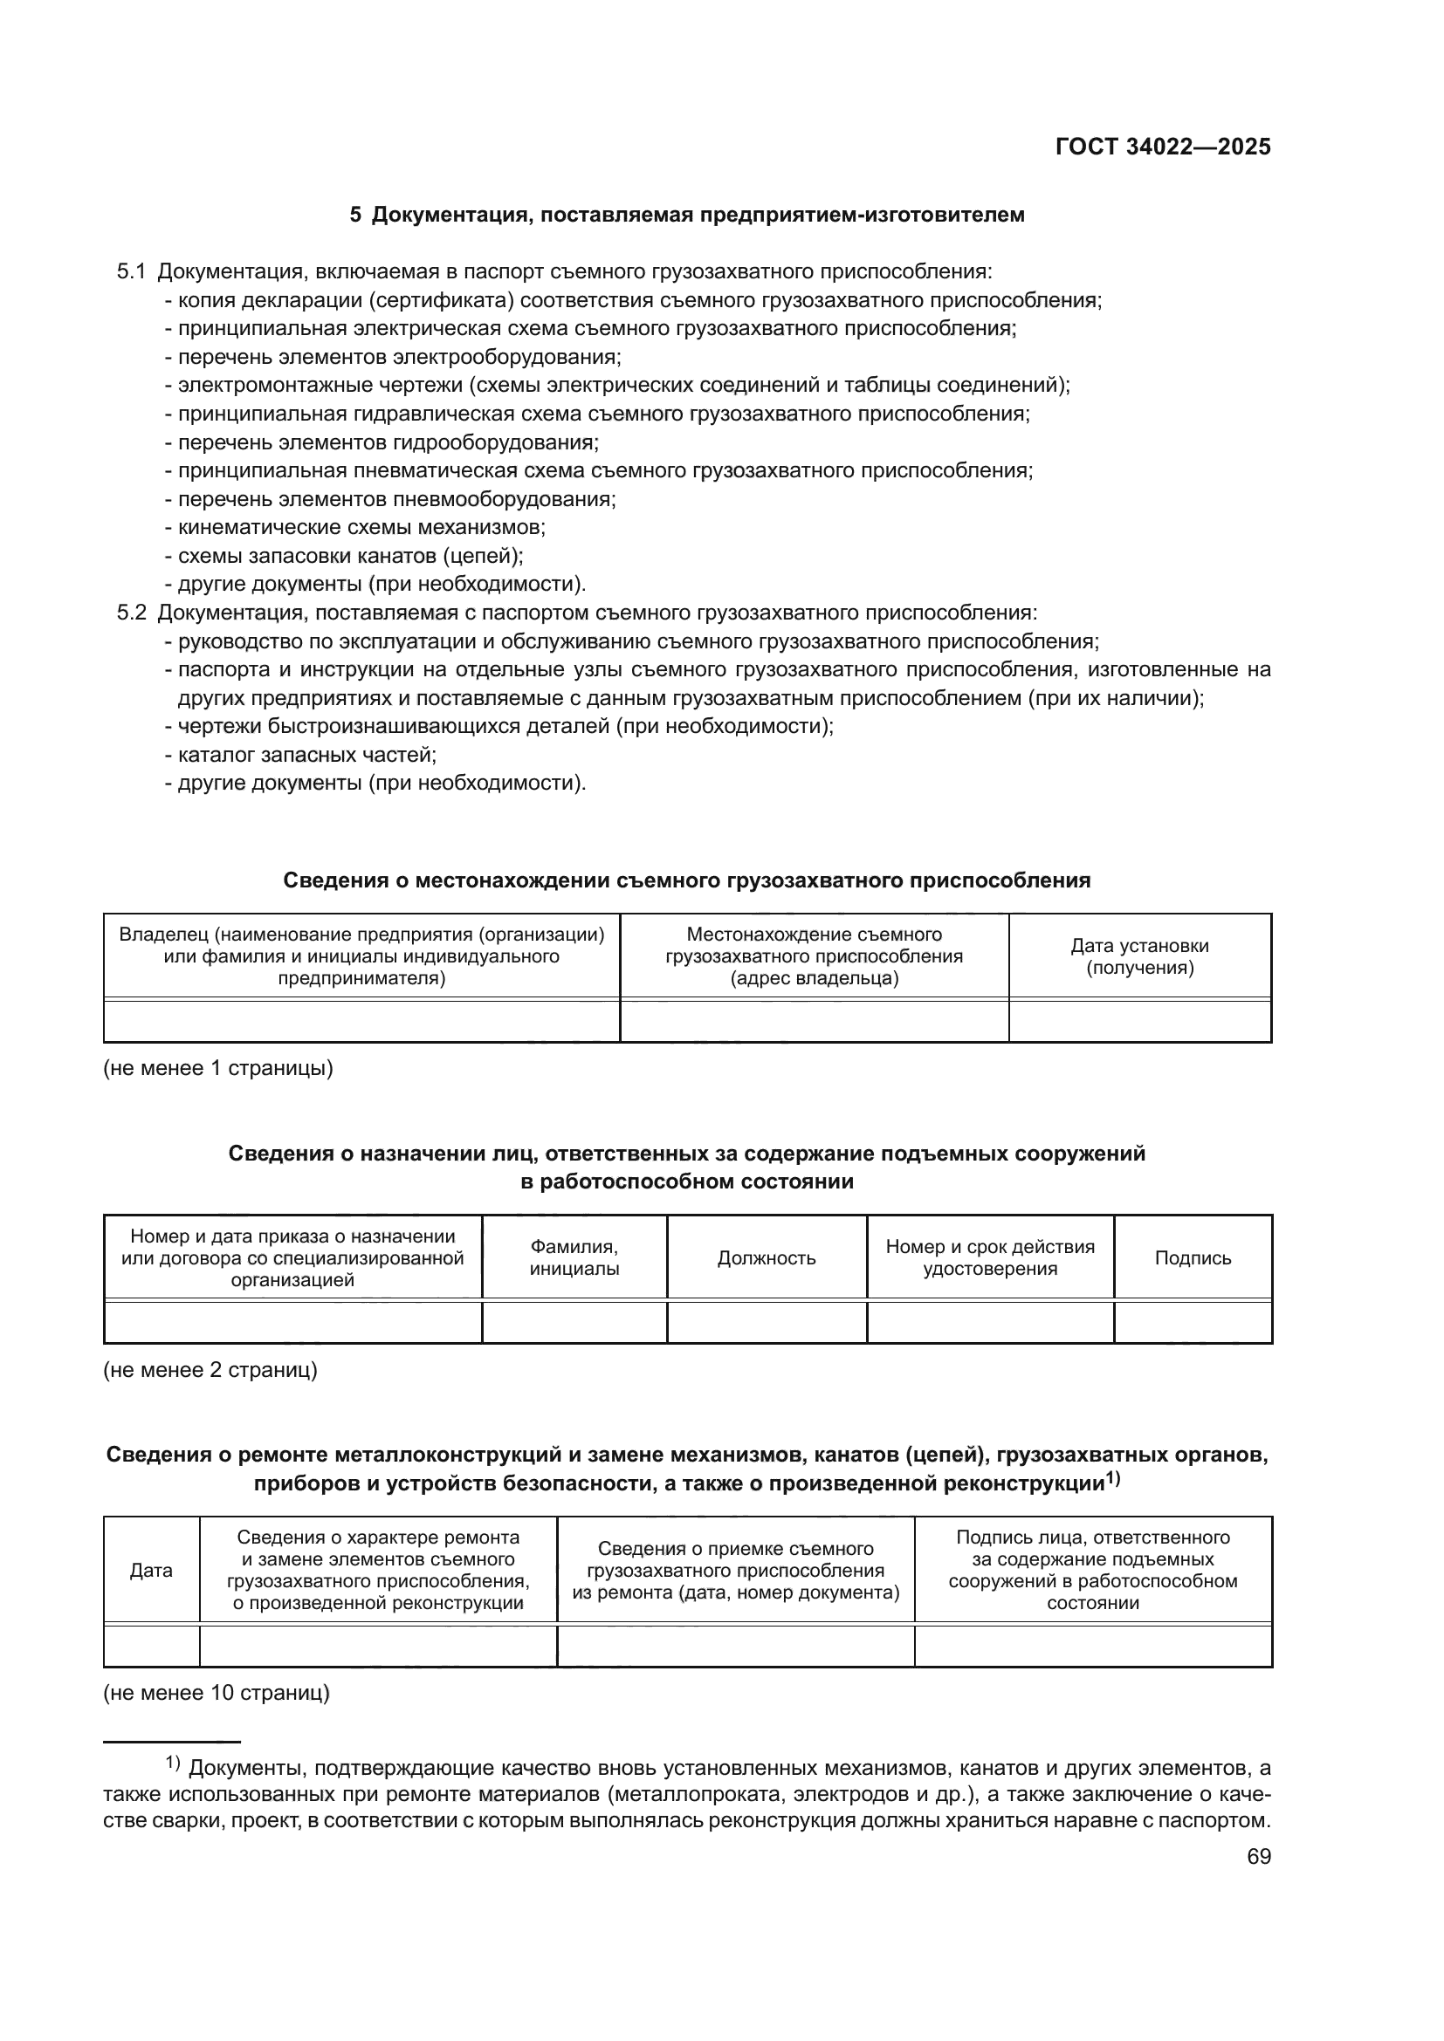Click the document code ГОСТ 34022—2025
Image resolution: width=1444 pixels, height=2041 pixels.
pos(1163,147)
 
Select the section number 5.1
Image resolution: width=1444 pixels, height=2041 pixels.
pos(131,272)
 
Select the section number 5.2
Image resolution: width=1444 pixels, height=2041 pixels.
pos(131,613)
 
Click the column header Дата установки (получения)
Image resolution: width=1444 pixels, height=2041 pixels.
pos(1139,956)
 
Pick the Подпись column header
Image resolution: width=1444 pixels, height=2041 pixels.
pos(1193,1258)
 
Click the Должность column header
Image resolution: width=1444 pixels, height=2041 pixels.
pos(767,1258)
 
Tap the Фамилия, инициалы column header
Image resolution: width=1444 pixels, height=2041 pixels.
pos(574,1258)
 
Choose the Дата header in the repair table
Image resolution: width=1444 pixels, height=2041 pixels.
pos(151,1570)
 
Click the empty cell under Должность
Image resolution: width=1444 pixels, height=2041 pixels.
pos(767,1322)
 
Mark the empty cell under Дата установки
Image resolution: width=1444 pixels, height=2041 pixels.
pos(1139,1021)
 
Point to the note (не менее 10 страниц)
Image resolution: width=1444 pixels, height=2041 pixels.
pos(216,1694)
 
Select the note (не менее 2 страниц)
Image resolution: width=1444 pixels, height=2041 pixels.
pos(210,1370)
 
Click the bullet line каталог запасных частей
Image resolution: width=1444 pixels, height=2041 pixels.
pos(306,756)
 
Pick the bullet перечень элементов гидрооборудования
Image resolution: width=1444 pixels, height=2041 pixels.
pos(388,442)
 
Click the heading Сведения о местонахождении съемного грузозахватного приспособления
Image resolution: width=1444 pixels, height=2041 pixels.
pos(686,881)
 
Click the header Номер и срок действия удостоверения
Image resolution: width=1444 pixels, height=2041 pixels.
pos(990,1258)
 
